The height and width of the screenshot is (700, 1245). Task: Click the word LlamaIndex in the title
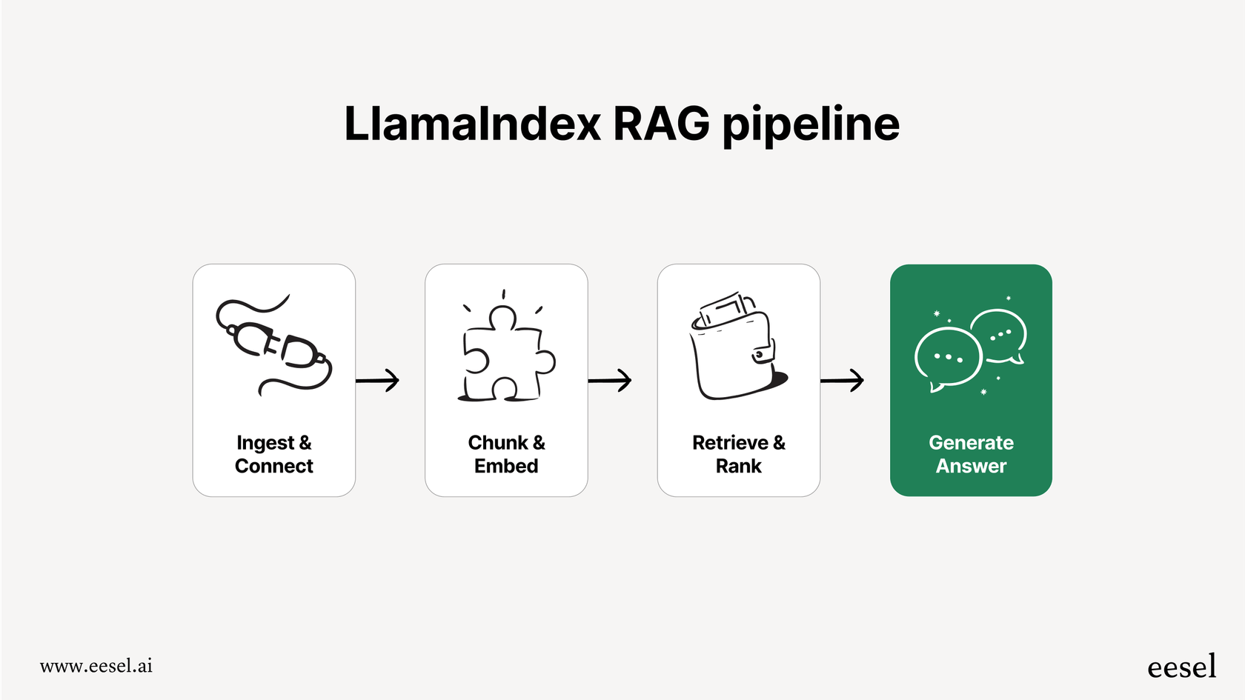[x=472, y=124]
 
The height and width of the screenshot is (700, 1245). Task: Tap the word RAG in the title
[x=661, y=124]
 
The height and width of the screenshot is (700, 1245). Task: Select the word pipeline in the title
[x=810, y=125]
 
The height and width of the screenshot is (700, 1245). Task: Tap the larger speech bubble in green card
[x=948, y=358]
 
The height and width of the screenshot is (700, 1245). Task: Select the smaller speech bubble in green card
[x=1000, y=336]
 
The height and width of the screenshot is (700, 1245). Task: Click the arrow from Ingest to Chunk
[x=378, y=380]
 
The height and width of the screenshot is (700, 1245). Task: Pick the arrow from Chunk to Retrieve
[x=610, y=380]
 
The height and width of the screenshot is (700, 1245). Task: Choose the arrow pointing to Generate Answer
[x=843, y=380]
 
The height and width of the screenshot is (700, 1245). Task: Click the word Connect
[x=274, y=466]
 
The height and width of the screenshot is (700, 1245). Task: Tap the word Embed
[x=506, y=466]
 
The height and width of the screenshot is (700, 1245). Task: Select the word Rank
[x=738, y=466]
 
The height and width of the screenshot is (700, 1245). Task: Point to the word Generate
[x=971, y=442]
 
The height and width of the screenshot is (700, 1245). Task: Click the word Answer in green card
[x=971, y=466]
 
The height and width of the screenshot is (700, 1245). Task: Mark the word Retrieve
[x=730, y=442]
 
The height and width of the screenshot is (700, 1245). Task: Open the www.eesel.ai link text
[x=96, y=666]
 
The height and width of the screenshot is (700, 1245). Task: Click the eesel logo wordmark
[x=1181, y=667]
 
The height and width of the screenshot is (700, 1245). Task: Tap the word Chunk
[x=498, y=442]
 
